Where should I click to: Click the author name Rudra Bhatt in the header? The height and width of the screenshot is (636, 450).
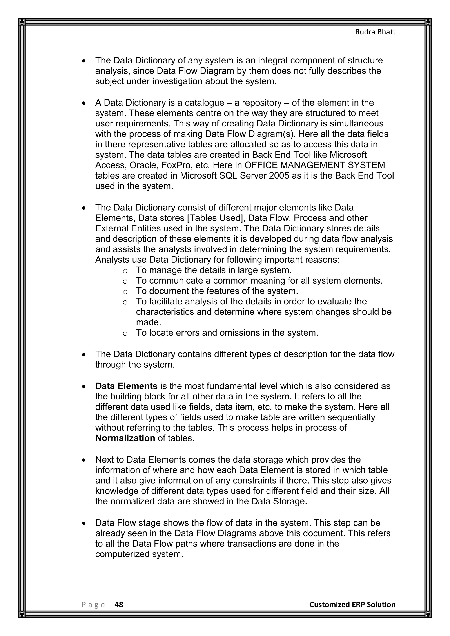tap(375, 32)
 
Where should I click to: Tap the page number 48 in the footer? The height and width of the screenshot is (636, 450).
tap(119, 604)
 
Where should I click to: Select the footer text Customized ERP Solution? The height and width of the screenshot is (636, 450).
tap(352, 604)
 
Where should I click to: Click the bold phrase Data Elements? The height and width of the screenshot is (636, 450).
tap(126, 386)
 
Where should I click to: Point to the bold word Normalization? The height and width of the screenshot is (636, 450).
tap(125, 438)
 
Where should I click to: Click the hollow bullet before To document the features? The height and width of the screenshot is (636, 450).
tap(125, 292)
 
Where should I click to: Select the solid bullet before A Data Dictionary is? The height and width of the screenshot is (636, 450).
tap(84, 103)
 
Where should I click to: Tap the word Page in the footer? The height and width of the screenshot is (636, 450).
tap(93, 605)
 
